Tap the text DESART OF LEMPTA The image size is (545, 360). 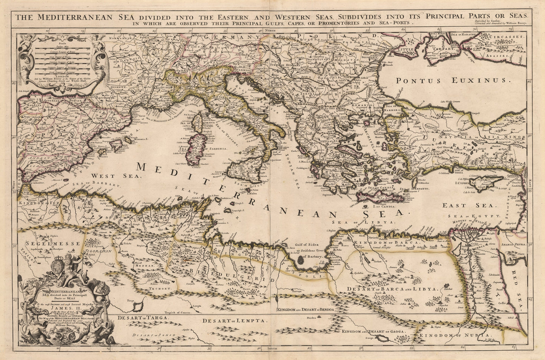click(x=235, y=321)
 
